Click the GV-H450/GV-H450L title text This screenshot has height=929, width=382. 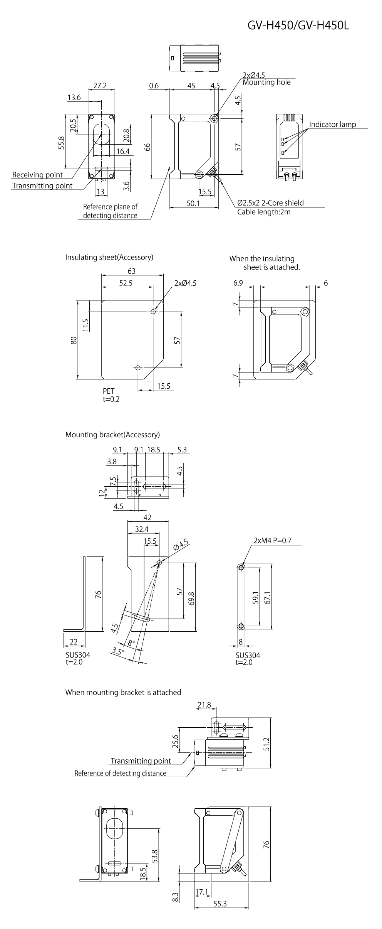(x=298, y=26)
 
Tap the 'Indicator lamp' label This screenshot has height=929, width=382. (x=332, y=124)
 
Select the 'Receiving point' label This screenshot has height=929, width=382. (x=37, y=175)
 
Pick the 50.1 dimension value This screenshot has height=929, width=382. (x=193, y=203)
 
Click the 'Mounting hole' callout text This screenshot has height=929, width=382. (x=266, y=82)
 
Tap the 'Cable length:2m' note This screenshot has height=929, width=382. (x=264, y=212)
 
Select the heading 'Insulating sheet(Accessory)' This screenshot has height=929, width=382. (x=109, y=257)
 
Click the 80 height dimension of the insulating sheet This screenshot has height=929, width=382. (x=74, y=340)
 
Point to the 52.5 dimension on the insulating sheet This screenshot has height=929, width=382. (x=126, y=283)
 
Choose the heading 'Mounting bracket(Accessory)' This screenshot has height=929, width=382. (x=112, y=435)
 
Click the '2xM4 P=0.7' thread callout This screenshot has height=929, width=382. (x=272, y=540)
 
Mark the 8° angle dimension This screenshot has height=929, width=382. (x=131, y=642)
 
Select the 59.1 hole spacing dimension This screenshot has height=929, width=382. (x=256, y=597)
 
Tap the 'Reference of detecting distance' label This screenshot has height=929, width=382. (x=120, y=773)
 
